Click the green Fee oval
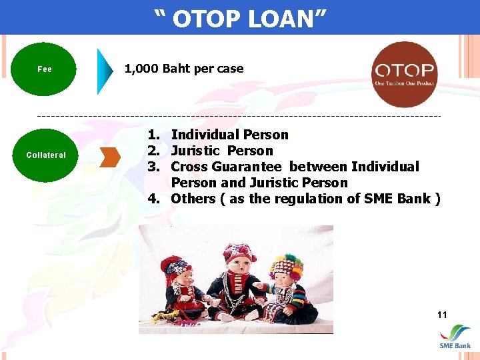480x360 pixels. click(x=44, y=69)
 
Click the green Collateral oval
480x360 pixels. click(x=45, y=155)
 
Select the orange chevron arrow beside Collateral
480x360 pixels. click(x=110, y=157)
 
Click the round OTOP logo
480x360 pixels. click(x=404, y=75)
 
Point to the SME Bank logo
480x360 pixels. click(x=455, y=337)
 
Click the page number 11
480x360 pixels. click(x=442, y=315)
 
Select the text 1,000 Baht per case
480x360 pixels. click(x=184, y=69)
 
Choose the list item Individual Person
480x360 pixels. click(x=229, y=135)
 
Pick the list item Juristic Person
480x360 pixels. click(x=222, y=151)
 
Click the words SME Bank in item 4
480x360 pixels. click(x=398, y=199)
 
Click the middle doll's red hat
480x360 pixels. click(x=239, y=254)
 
